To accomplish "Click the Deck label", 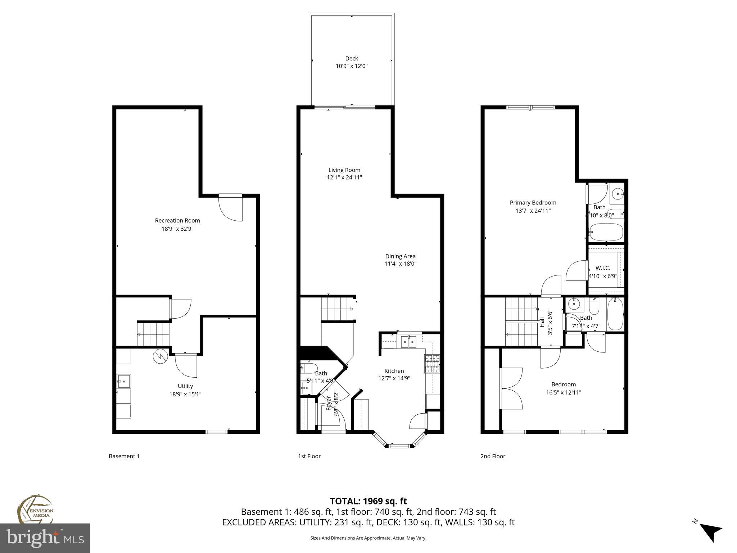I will [x=352, y=58].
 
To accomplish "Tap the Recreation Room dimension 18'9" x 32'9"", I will [x=177, y=229].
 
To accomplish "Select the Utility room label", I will [x=185, y=386].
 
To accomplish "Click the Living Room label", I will [x=344, y=170].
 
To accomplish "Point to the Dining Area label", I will [x=400, y=256].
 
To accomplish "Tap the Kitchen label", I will [x=394, y=371].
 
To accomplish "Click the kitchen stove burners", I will [x=432, y=364].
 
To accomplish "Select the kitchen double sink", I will [x=408, y=341].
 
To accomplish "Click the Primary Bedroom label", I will [x=533, y=203].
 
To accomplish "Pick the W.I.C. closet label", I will [x=602, y=268].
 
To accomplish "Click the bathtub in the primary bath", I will [x=606, y=232].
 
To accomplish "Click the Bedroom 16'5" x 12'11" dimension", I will [x=564, y=392].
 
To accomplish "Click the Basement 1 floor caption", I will [x=124, y=456].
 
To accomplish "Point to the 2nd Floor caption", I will [x=493, y=456].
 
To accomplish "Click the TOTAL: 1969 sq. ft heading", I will [x=368, y=501].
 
